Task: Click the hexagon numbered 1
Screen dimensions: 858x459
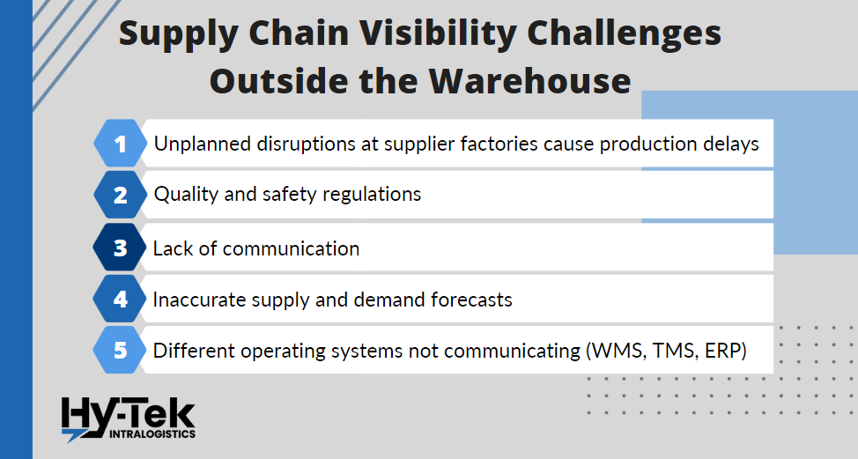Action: (x=120, y=144)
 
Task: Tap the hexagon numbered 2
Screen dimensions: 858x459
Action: (x=120, y=195)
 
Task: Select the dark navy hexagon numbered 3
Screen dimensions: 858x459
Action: (x=120, y=248)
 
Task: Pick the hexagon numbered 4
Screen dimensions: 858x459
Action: (x=120, y=299)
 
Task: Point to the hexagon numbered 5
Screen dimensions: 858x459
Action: (x=120, y=350)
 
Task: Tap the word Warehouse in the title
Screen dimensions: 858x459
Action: (x=529, y=81)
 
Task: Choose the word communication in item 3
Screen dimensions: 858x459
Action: (x=291, y=249)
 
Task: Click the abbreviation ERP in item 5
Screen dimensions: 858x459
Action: (x=723, y=351)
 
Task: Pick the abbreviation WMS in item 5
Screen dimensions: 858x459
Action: (x=618, y=351)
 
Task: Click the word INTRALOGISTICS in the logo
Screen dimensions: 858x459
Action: (x=152, y=433)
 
